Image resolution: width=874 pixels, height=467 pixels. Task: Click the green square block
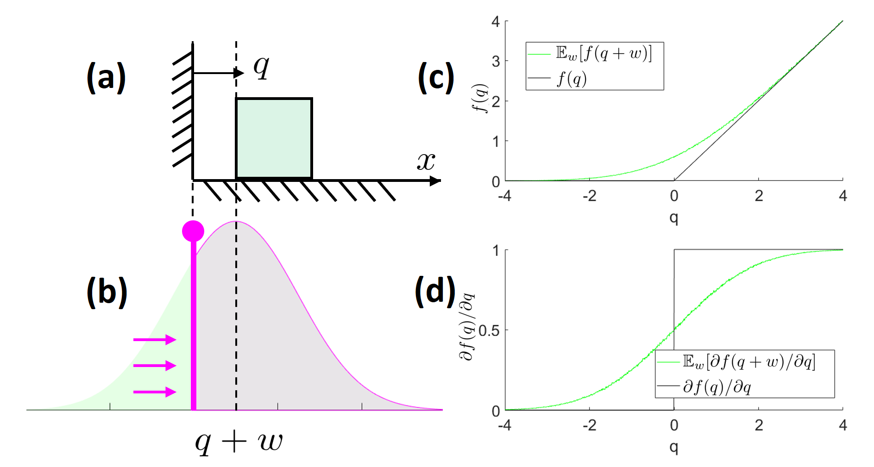[x=274, y=138]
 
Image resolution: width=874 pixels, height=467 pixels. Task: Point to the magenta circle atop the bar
[x=193, y=230]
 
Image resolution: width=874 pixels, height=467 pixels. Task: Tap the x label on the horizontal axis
[x=426, y=161]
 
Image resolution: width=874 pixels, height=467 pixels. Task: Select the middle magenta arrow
[x=154, y=366]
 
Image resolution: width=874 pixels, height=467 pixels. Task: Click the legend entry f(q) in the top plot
[x=572, y=79]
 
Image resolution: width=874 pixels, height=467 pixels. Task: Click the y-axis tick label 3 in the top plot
[x=496, y=61]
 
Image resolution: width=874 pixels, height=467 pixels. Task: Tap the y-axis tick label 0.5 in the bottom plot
[x=489, y=330]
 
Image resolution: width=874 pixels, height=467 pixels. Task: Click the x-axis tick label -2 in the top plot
[x=589, y=196]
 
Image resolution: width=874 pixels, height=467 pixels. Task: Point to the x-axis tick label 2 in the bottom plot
[x=759, y=425]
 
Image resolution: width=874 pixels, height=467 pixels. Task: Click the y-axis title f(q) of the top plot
[x=481, y=98]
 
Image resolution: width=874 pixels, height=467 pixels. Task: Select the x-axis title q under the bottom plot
[x=674, y=447]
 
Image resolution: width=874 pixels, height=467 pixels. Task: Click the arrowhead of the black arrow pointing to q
[x=239, y=73]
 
